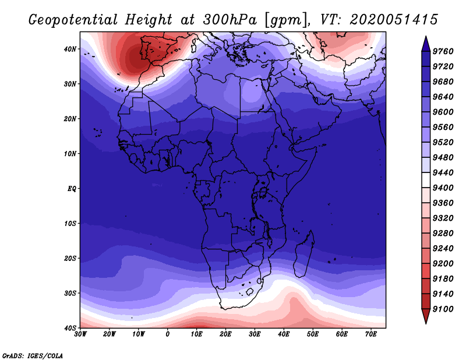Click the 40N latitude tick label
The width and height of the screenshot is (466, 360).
click(70, 49)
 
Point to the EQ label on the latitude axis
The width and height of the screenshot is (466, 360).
click(72, 189)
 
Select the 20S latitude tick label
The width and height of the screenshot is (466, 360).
click(70, 258)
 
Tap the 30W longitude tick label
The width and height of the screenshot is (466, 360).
click(80, 334)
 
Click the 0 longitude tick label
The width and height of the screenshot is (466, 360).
click(168, 334)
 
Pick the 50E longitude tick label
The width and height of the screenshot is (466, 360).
click(313, 334)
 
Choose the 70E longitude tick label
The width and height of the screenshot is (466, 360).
click(371, 334)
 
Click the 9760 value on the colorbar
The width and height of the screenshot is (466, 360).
click(443, 51)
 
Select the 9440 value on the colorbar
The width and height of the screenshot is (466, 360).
click(443, 172)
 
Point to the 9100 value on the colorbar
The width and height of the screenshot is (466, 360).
click(443, 309)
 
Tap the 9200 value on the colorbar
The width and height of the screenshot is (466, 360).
click(443, 264)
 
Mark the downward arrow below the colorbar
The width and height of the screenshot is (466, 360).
click(426, 316)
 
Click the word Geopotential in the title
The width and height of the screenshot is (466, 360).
click(73, 20)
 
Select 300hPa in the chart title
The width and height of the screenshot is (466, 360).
click(230, 20)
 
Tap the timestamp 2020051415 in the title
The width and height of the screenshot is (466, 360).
click(394, 20)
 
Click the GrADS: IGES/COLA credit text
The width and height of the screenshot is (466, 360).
click(33, 355)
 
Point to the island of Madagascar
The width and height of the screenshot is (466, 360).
click(303, 256)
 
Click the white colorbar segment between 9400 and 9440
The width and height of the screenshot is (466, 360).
click(426, 180)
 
